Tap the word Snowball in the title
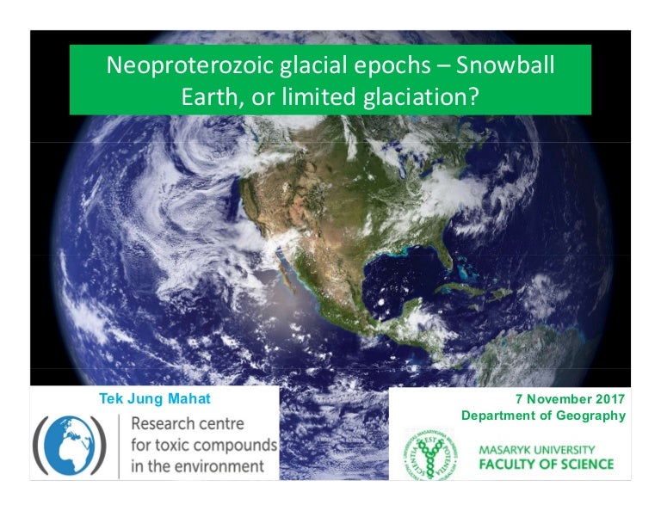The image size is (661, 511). pos(505,65)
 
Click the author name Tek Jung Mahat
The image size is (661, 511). pos(155,398)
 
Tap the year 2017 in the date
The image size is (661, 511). pos(610,398)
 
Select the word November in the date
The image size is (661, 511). pos(559,398)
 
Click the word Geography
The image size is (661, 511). pos(591,416)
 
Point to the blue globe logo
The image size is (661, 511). pos(70,446)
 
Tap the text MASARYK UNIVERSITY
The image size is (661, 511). pos(537,450)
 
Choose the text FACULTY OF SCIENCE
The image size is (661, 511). pos(547,465)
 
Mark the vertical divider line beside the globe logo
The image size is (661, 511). pos(119,446)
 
